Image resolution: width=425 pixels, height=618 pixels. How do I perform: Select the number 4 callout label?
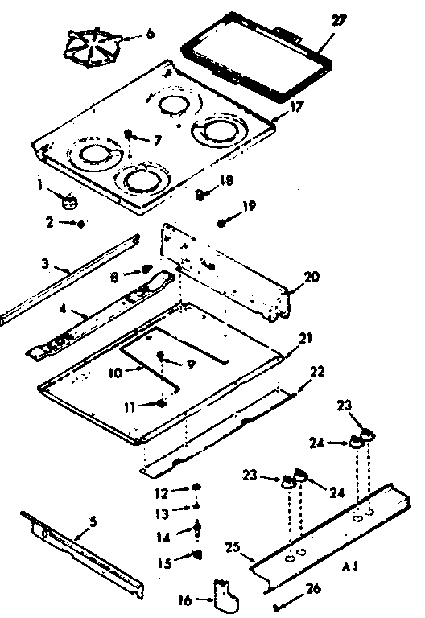(64, 309)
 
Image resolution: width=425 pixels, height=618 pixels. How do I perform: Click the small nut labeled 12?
(196, 488)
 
